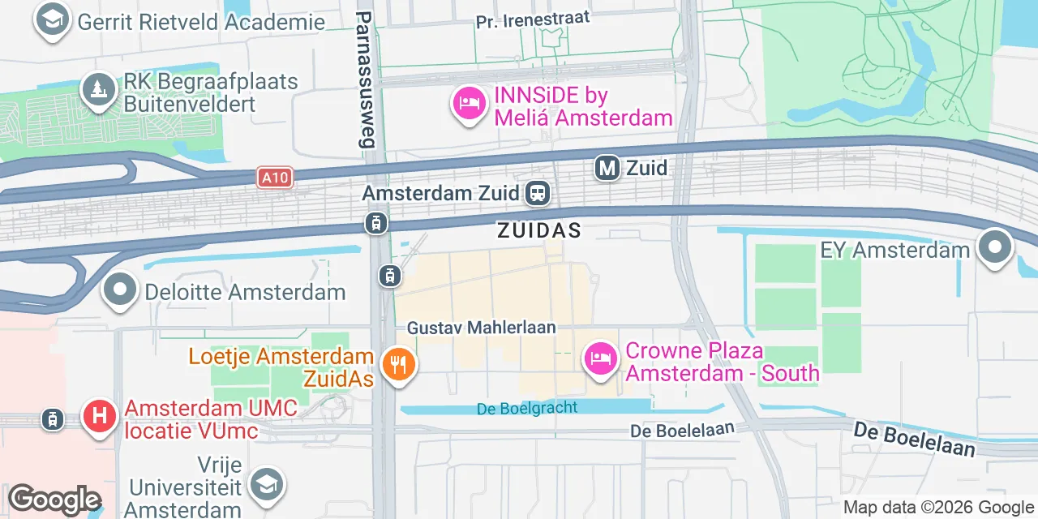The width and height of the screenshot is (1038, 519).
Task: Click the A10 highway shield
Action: (274, 178)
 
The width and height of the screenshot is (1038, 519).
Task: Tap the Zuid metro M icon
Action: (607, 168)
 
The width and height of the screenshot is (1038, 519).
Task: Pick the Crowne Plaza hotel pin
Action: (600, 358)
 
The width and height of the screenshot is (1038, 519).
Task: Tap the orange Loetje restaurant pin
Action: (397, 364)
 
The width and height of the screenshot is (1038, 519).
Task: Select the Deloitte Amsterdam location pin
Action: (121, 290)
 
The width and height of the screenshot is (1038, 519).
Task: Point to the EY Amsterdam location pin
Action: (995, 248)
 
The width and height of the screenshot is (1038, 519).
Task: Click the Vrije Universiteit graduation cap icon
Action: (266, 484)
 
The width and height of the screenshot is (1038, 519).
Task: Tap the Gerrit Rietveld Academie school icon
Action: (52, 20)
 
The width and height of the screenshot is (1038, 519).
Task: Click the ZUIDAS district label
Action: (540, 230)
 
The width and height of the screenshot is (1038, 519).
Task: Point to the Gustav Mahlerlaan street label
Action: (482, 328)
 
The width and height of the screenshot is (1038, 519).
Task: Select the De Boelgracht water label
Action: (527, 408)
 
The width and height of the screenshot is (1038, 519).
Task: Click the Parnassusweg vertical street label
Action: (366, 79)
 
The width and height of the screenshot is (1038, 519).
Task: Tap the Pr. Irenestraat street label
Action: (533, 19)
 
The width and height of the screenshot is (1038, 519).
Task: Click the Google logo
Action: (54, 500)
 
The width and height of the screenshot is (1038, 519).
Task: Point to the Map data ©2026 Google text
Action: (937, 508)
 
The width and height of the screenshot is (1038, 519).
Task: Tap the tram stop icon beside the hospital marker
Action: (53, 419)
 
